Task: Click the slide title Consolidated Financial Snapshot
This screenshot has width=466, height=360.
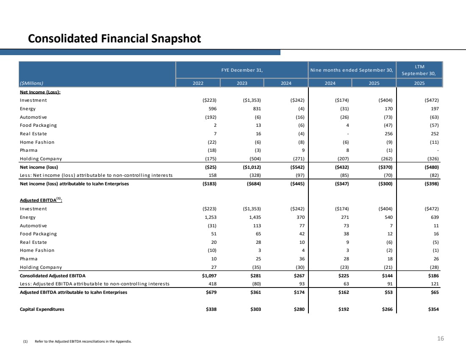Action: (114, 39)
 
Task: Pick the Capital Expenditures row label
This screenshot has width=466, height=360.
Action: (42, 309)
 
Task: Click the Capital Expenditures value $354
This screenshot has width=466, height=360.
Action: (432, 309)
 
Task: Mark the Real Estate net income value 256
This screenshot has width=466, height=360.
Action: (386, 134)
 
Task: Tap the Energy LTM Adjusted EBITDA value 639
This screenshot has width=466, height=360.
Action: (433, 217)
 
